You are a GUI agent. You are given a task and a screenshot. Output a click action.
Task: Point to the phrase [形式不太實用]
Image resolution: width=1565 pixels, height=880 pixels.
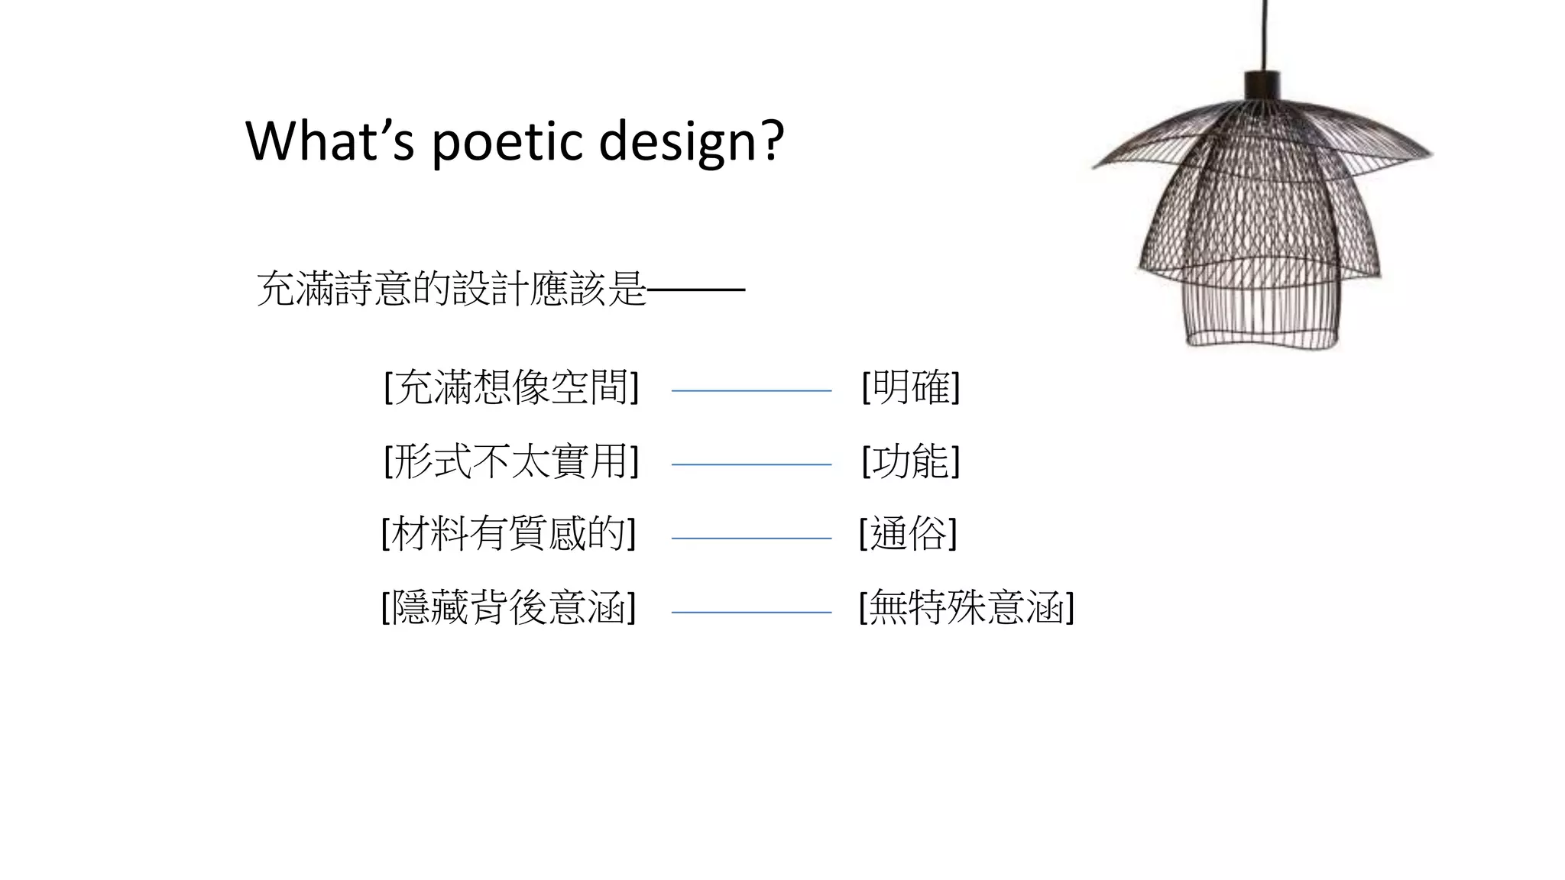[x=510, y=461]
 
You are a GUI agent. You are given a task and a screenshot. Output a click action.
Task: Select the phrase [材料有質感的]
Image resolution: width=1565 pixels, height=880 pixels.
[x=508, y=533]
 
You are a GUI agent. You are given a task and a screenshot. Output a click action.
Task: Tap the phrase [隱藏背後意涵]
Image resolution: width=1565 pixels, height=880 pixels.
[x=508, y=608]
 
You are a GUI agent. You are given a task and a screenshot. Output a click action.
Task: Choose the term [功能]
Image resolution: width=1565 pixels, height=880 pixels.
[x=910, y=461]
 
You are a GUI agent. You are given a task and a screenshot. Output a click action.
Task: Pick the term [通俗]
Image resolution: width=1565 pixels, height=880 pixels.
[x=908, y=533]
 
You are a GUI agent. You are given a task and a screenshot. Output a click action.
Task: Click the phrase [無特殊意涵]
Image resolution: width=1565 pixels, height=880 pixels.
[x=966, y=608]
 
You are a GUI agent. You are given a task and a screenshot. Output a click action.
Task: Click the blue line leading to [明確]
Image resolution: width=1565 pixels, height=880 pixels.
[x=751, y=390]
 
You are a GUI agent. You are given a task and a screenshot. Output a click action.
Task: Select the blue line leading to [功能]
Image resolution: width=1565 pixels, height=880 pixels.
[x=751, y=464]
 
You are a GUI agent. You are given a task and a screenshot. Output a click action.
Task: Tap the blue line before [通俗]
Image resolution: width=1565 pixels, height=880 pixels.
[x=751, y=539]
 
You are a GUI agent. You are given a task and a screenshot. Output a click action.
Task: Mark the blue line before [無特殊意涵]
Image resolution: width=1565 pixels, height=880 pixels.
[x=751, y=612]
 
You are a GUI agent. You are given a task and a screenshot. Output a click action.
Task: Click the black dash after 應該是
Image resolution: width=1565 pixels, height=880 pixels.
[x=696, y=290]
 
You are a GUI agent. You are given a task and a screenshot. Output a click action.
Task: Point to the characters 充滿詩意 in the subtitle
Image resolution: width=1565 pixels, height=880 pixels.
[x=334, y=289]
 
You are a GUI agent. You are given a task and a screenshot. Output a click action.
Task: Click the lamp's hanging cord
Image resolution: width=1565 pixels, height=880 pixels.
[x=1265, y=34]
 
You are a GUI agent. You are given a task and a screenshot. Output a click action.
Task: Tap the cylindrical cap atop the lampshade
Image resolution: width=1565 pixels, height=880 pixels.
[x=1262, y=85]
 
